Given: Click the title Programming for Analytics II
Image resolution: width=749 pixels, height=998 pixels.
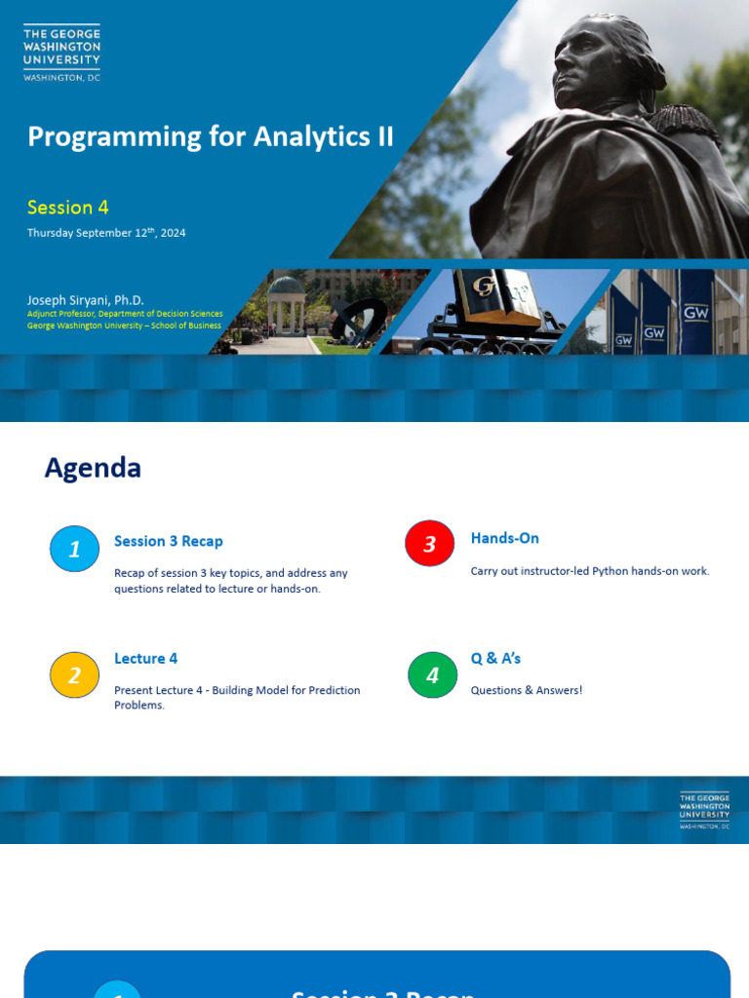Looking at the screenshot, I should tap(211, 136).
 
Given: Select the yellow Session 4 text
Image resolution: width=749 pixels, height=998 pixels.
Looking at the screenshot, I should tap(67, 208).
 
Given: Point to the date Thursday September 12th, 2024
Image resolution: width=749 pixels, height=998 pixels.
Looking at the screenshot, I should tap(106, 233).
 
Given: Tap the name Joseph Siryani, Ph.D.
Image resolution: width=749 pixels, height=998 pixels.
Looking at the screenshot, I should tap(86, 300).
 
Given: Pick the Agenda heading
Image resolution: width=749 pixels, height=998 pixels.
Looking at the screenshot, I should tap(93, 469).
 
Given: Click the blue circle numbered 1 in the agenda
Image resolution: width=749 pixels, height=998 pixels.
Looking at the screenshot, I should tap(74, 550).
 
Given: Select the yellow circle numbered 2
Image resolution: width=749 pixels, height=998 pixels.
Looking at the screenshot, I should tap(74, 674).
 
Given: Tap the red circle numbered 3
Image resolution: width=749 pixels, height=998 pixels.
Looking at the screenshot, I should tap(429, 544).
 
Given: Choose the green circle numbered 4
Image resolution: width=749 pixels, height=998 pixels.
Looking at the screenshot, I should tap(432, 674).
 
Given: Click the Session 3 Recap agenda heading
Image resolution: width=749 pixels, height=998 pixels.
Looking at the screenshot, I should tap(169, 542).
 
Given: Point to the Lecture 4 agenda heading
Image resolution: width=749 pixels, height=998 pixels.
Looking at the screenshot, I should tap(146, 659).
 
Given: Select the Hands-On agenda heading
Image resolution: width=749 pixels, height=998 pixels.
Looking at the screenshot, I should tap(505, 539).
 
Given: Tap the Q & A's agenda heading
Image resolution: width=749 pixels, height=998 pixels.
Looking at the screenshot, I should tap(496, 659).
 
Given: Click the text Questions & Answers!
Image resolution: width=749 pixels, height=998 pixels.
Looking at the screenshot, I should tap(527, 690).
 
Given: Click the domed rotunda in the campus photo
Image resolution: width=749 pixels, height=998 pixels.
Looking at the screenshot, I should tap(286, 302).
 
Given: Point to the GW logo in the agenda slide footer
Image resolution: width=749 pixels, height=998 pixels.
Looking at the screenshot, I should tap(704, 810).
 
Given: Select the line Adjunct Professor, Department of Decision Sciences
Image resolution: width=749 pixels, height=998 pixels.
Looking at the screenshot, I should tap(125, 314).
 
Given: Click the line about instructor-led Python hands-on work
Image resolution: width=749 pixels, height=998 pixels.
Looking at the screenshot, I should tap(590, 571).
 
